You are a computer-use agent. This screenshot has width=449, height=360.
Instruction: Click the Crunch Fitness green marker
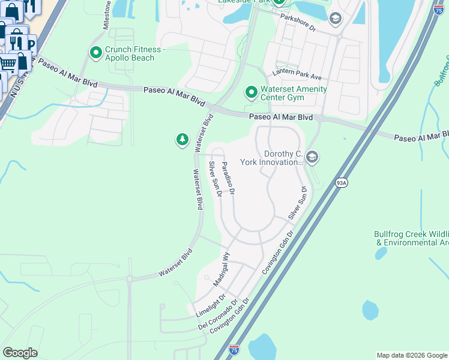[95, 53]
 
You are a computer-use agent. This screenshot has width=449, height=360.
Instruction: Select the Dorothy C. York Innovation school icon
[312, 157]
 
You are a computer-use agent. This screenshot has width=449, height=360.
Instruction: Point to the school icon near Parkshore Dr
[336, 19]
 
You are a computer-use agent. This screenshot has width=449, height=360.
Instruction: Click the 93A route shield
[342, 182]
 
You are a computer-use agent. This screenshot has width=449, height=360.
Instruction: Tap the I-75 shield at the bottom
[234, 349]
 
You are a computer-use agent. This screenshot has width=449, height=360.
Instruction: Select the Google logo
[20, 353]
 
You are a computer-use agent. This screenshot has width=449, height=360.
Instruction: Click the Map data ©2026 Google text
[412, 355]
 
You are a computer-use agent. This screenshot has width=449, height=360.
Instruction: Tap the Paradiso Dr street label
[228, 178]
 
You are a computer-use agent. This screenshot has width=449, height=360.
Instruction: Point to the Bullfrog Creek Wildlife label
[412, 238]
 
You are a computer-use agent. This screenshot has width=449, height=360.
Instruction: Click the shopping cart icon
[7, 63]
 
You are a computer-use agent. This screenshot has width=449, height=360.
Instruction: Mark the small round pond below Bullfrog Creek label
[370, 310]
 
